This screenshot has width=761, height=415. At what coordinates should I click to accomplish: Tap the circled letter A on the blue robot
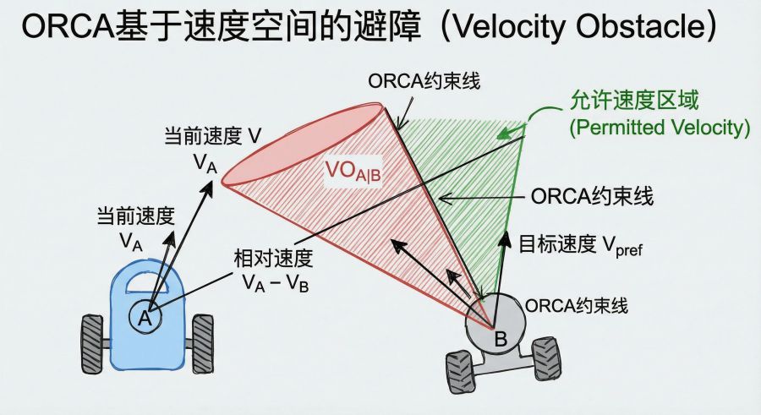(x=144, y=318)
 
